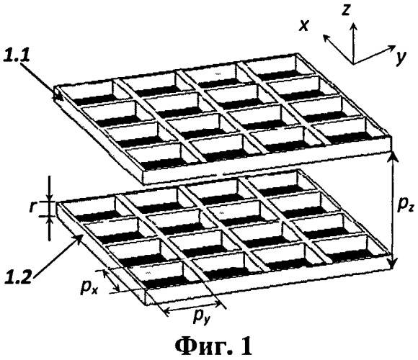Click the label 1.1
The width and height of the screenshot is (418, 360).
coord(16,56)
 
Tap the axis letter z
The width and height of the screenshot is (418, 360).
coord(346,10)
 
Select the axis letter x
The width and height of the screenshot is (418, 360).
coord(303,26)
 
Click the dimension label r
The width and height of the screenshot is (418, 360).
coord(32,207)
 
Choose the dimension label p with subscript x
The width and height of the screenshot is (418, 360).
coord(89,287)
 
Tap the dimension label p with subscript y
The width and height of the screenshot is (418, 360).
coord(202,317)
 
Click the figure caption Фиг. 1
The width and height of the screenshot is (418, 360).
coord(213,346)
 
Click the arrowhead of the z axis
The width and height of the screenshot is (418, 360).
coord(354,27)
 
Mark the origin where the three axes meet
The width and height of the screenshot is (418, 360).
coord(353,64)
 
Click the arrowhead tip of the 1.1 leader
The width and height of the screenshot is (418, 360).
coord(63,100)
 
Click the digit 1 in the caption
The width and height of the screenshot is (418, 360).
coord(244,346)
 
